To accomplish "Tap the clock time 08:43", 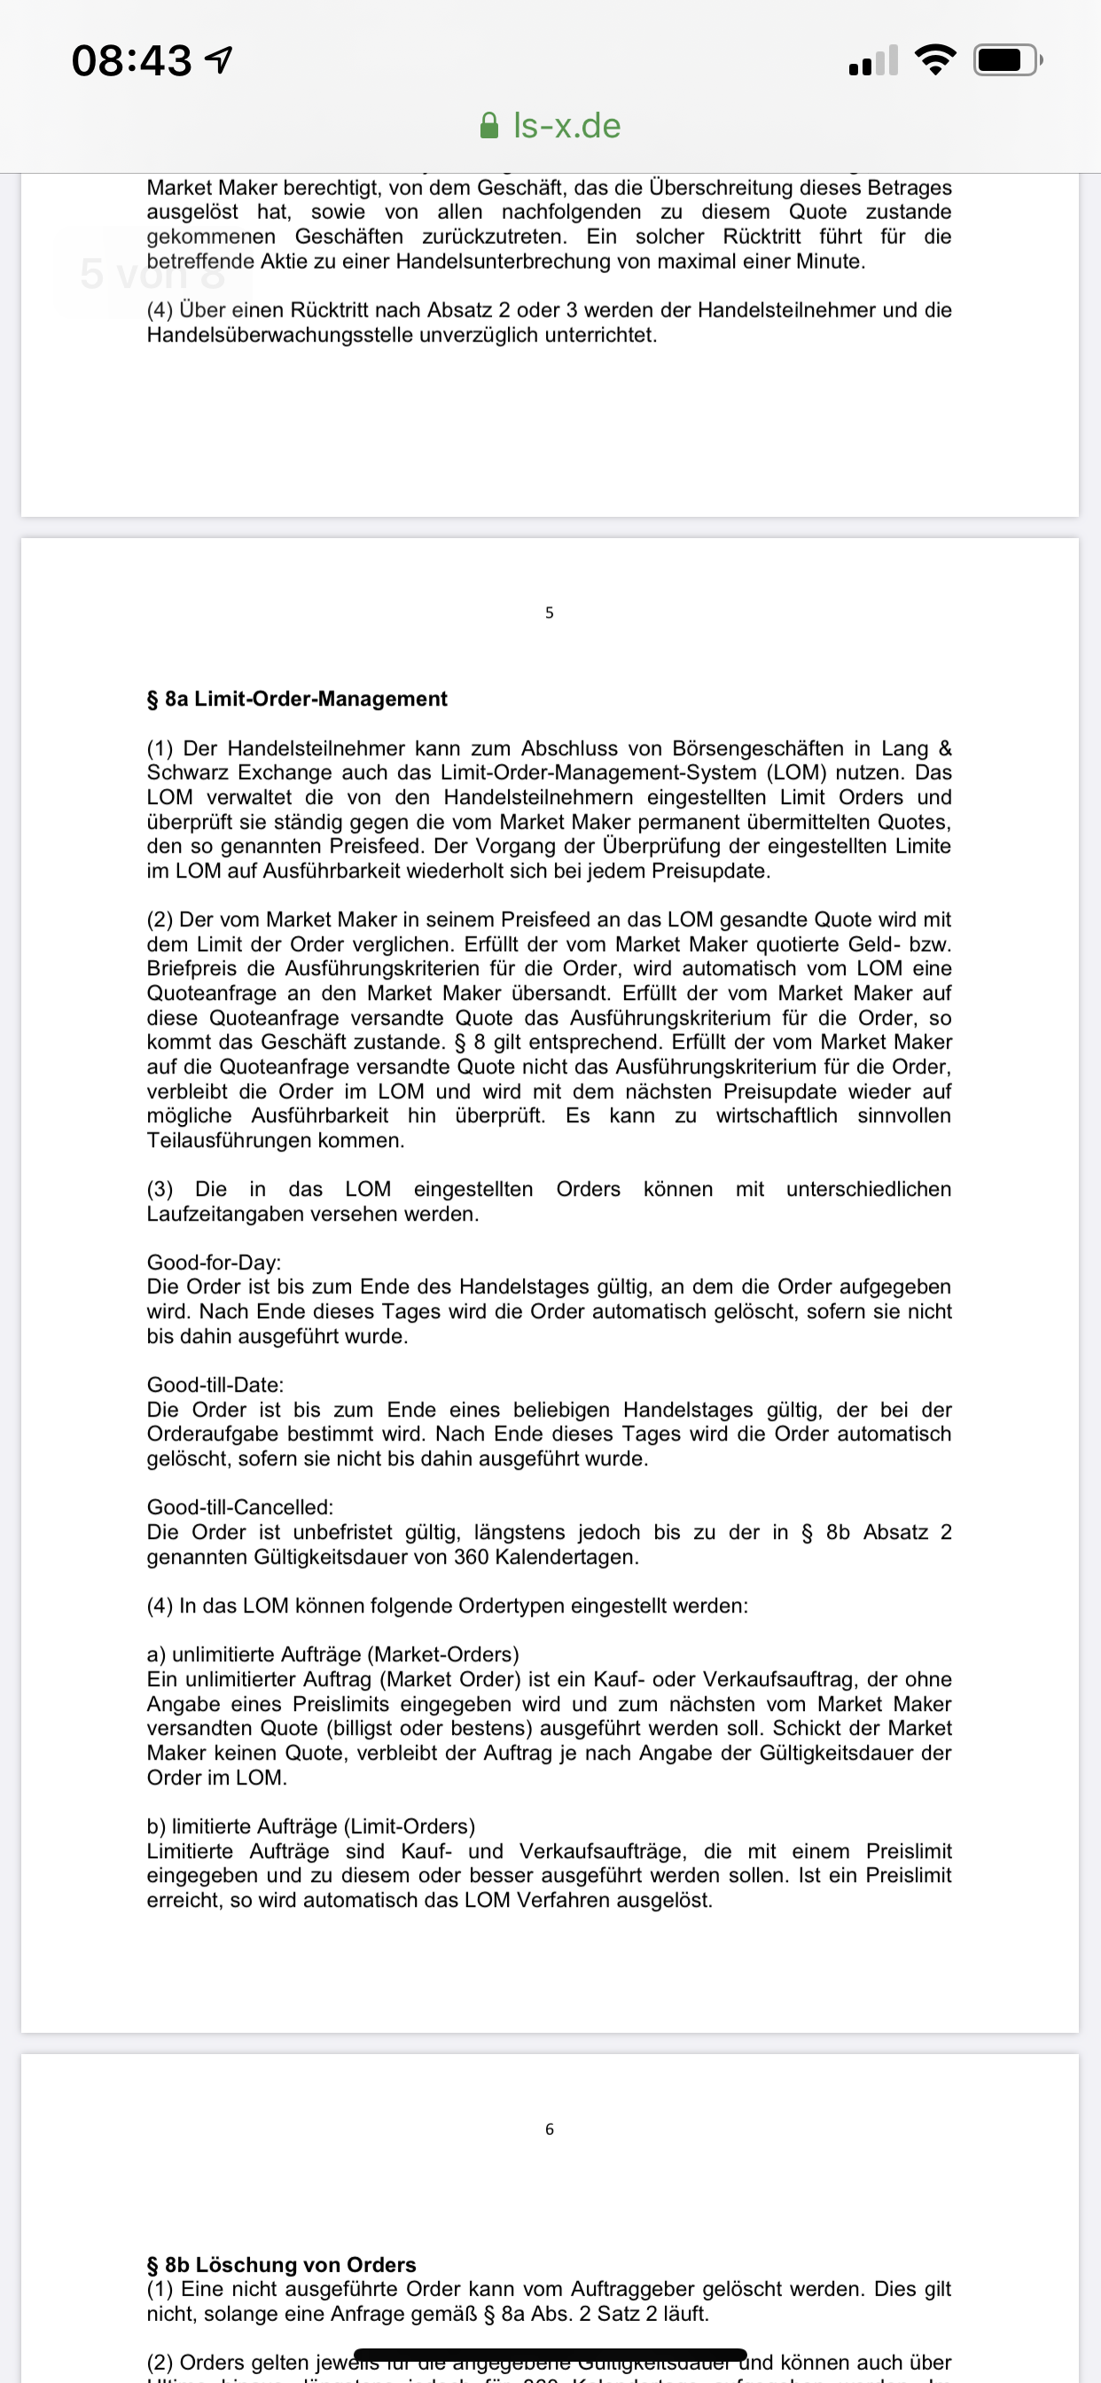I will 131,61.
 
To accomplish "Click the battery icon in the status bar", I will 1007,61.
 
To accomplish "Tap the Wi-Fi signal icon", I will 934,60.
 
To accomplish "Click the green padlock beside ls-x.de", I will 489,126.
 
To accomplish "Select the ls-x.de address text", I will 566,126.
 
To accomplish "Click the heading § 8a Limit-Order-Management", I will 296,699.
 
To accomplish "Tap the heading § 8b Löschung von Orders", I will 281,2264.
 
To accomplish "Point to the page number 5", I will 550,613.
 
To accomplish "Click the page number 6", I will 550,2129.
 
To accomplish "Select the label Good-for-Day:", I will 214,1262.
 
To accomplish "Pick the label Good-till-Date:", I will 215,1385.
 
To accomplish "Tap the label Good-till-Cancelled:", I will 239,1507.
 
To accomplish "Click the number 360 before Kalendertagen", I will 471,1557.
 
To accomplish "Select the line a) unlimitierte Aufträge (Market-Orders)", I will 332,1654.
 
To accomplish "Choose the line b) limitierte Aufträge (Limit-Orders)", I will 311,1826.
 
